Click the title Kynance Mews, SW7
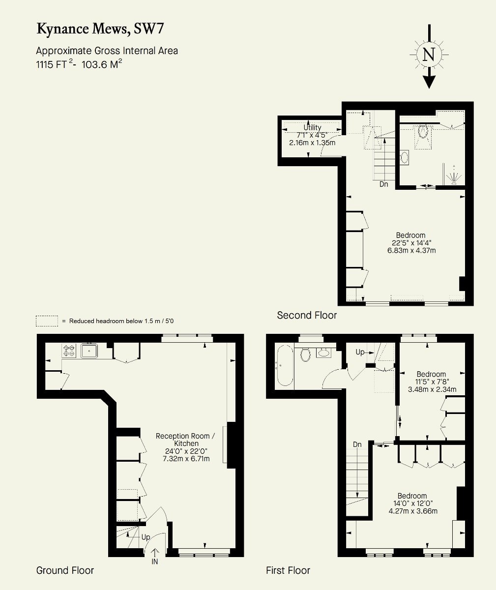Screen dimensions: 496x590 100,29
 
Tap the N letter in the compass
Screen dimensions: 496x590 429,54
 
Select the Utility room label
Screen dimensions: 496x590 312,127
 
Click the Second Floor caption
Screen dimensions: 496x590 307,315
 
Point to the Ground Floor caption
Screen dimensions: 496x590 65,570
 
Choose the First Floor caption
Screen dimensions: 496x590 288,570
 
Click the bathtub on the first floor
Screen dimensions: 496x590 285,365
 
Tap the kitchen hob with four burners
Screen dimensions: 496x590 69,351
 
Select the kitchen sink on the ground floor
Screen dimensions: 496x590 89,351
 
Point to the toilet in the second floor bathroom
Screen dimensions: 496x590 423,131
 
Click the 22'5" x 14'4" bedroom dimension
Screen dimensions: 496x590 411,243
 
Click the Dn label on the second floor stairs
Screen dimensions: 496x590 383,184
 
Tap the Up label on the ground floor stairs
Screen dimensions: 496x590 146,537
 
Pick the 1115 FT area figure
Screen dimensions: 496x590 51,65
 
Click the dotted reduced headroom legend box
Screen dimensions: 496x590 47,321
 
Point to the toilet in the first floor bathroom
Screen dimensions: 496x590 305,355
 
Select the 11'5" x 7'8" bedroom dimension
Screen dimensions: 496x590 432,382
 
